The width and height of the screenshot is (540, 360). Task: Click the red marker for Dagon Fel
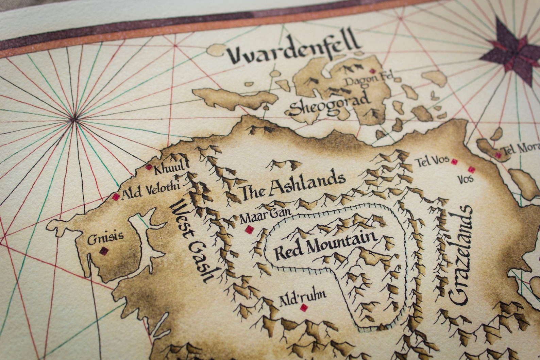373,71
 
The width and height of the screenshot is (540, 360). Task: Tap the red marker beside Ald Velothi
116,197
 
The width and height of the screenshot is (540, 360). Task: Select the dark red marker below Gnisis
103,251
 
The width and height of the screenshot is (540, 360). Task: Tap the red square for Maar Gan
251,229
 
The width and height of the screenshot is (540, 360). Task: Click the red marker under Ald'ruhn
303,308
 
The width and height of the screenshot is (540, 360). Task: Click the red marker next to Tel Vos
454,162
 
